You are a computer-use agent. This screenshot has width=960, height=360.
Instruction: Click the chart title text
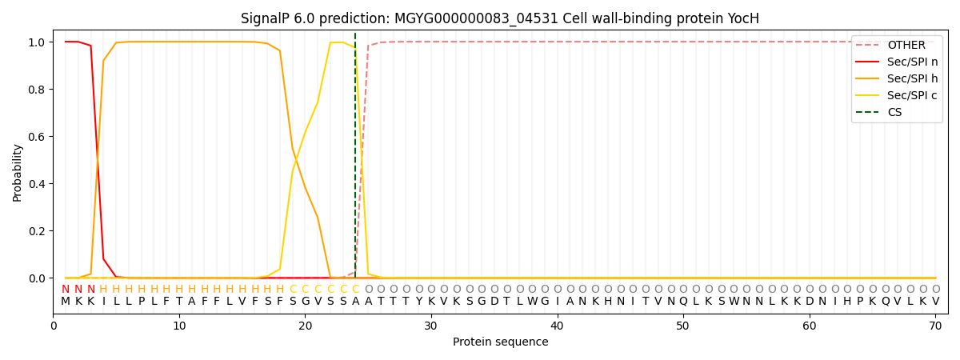500,18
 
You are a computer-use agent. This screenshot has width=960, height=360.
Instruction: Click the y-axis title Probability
18,172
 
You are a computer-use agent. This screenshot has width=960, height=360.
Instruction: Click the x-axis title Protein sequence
500,342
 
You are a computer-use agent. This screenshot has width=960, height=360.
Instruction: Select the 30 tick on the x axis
431,326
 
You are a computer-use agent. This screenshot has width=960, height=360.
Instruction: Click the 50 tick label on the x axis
683,326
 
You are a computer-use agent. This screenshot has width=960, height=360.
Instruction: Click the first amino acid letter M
66,302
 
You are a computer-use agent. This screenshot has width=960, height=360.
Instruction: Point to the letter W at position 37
519,302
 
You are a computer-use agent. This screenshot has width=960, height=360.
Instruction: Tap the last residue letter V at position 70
935,302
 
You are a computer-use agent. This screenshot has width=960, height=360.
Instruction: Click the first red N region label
66,290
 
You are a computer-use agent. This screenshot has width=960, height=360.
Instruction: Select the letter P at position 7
142,302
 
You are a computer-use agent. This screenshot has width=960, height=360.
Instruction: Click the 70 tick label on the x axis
935,326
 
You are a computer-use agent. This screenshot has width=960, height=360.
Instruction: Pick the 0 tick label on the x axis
54,326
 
